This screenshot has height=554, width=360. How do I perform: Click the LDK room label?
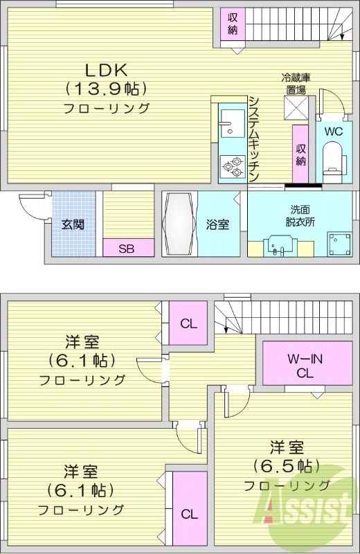(x=105, y=69)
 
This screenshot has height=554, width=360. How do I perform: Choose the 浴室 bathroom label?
(x=217, y=224)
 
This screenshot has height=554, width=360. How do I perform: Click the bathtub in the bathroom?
(x=180, y=224)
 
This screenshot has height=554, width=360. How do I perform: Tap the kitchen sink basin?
(x=228, y=125)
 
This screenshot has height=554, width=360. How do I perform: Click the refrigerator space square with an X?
(x=296, y=109)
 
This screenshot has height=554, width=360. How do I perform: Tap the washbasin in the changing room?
(x=280, y=247)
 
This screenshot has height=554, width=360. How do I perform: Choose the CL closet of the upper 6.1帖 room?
(x=188, y=323)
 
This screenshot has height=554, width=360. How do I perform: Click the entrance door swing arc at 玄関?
(x=31, y=205)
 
